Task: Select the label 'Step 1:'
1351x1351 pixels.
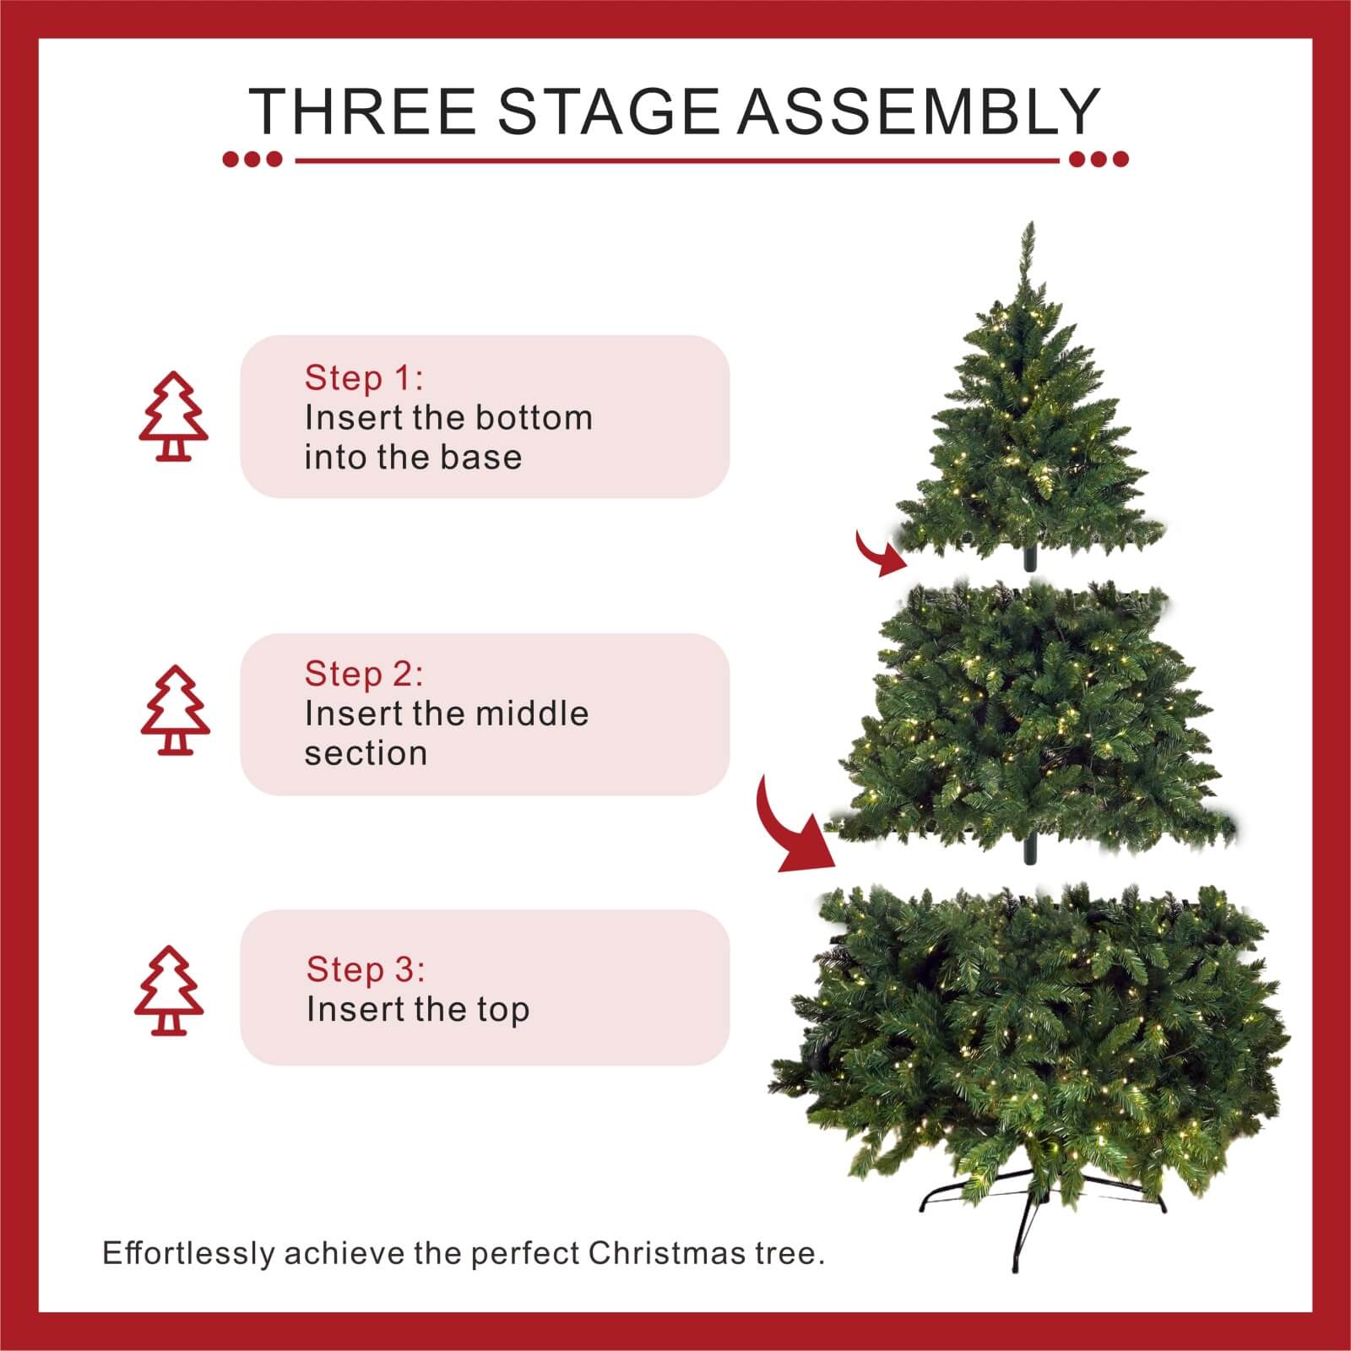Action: tap(364, 378)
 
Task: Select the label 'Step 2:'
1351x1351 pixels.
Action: tap(364, 674)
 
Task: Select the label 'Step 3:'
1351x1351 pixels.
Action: tap(366, 969)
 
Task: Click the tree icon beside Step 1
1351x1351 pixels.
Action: tap(173, 416)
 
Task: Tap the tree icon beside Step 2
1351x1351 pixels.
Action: tap(175, 710)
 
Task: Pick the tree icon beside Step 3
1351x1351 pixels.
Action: tap(169, 990)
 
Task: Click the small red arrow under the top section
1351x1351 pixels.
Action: tap(878, 555)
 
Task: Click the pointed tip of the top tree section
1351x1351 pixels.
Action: tap(1028, 230)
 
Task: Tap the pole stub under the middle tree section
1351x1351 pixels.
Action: tap(1030, 851)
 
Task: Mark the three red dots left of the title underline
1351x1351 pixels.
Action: tap(252, 159)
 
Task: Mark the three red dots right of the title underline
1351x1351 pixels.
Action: tap(1099, 159)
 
